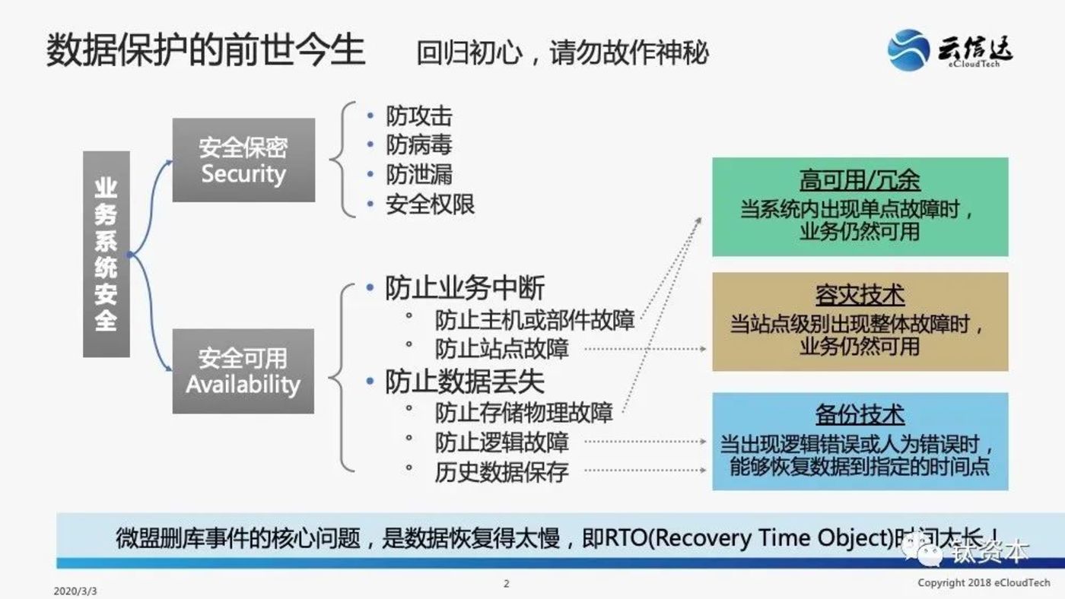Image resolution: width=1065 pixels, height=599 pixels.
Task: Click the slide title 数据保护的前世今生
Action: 205,50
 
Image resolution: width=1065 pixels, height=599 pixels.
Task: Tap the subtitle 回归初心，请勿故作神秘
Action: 562,52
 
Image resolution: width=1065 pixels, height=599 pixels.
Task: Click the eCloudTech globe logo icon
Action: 908,50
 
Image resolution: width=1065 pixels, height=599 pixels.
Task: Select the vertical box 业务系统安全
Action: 106,254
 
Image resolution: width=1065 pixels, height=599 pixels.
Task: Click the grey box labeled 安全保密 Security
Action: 243,160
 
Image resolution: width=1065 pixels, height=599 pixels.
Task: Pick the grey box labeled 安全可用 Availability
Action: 243,371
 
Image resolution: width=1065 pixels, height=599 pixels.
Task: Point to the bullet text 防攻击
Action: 418,116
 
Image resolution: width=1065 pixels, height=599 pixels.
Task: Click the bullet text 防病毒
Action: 418,145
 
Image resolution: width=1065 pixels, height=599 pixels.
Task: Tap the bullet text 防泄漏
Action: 418,175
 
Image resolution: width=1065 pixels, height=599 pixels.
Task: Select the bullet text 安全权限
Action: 430,204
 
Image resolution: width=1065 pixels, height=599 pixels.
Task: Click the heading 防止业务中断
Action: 464,289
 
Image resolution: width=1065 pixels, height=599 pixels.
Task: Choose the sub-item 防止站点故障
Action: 501,349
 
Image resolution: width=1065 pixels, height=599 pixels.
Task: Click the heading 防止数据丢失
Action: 464,382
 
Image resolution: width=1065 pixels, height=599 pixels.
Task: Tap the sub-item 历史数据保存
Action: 501,471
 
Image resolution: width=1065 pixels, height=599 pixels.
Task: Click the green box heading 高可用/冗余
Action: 860,180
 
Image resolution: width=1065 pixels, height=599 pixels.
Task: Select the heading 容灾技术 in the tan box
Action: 860,295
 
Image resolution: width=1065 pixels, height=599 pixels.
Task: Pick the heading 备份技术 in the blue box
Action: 860,415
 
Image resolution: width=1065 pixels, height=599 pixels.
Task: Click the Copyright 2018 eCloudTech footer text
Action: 973,583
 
